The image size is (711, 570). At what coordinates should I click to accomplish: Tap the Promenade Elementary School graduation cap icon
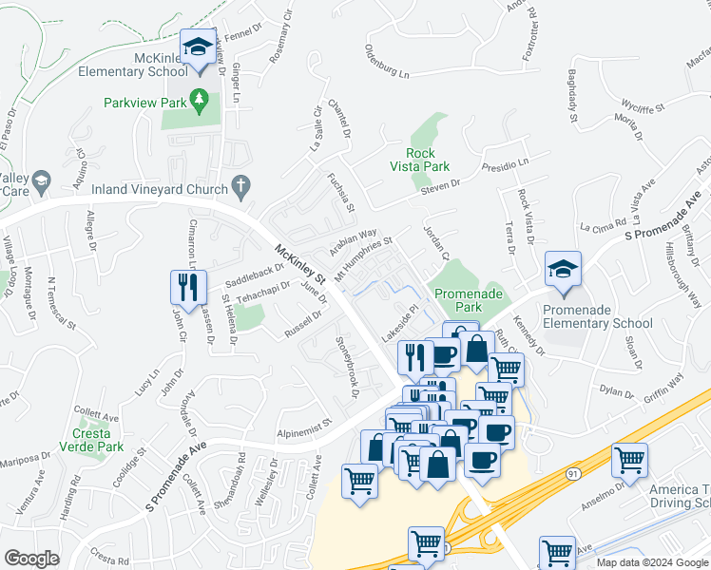(x=563, y=271)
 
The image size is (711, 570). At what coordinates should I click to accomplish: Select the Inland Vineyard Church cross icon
(x=241, y=187)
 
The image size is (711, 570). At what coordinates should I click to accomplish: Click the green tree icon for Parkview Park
(x=199, y=98)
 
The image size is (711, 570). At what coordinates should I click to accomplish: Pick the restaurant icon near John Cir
(x=186, y=287)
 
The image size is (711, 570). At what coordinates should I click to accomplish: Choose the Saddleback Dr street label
(x=253, y=276)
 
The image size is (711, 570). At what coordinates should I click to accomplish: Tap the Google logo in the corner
(x=31, y=559)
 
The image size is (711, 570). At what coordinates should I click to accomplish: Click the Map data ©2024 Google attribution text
(x=651, y=562)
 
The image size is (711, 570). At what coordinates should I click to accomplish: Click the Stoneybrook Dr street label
(x=348, y=360)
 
